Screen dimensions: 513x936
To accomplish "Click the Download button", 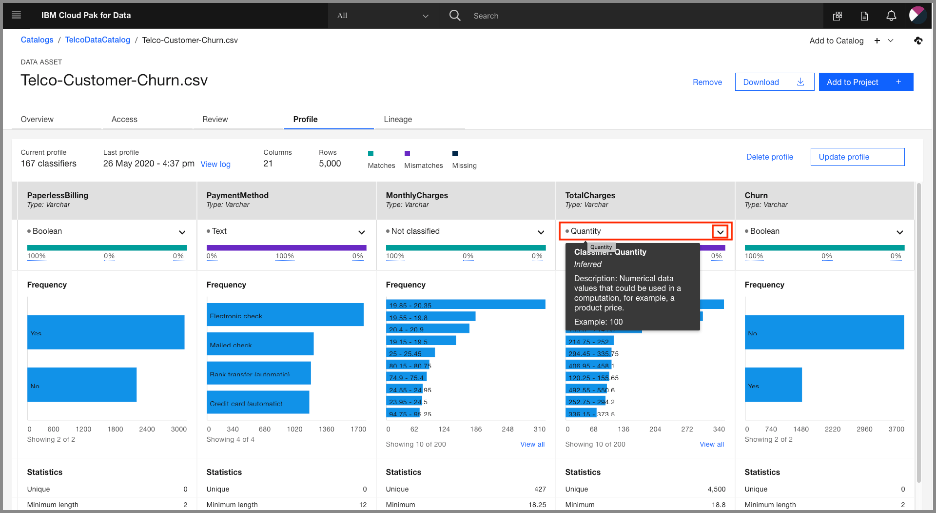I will click(x=774, y=82).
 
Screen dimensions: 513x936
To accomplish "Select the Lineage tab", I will click(x=398, y=119).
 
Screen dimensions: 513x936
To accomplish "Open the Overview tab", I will click(x=37, y=119).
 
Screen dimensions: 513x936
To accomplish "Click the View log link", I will click(x=215, y=164).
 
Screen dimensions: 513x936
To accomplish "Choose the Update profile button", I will click(x=857, y=157).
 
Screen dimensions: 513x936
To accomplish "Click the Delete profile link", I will click(x=769, y=157).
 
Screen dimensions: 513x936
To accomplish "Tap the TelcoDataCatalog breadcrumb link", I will click(x=97, y=40).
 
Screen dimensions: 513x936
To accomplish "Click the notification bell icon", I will click(x=891, y=16).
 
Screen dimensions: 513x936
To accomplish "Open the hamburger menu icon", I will click(x=16, y=15).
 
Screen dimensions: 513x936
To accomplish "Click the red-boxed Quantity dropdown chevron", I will click(x=720, y=232).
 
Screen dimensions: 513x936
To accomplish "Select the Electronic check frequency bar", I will click(x=285, y=314).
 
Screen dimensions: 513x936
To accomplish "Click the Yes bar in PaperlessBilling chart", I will click(x=106, y=332).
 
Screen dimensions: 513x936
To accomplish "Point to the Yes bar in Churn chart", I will click(x=773, y=385).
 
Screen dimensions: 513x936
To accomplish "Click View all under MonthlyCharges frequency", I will click(x=532, y=444).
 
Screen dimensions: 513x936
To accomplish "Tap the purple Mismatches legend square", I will click(x=407, y=153).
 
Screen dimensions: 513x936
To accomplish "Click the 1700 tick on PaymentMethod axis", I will click(x=358, y=429).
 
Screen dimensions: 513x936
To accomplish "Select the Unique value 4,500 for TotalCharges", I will click(x=716, y=489).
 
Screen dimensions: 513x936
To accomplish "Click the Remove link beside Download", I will click(x=707, y=82).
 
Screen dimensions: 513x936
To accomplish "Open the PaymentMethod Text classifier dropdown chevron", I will click(x=361, y=232).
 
